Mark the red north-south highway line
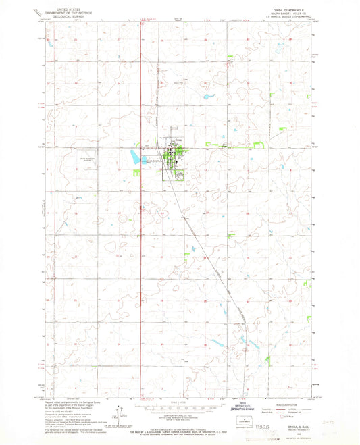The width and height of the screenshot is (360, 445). (140, 203)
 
